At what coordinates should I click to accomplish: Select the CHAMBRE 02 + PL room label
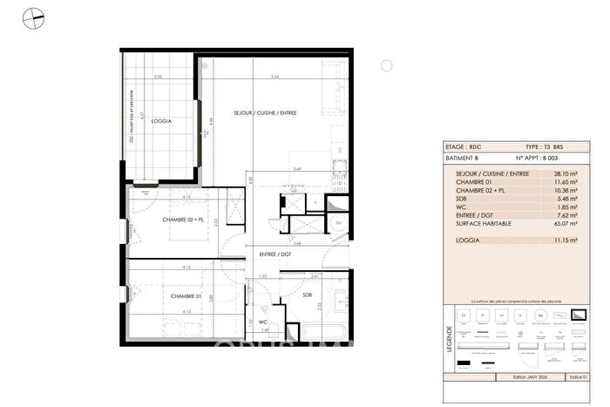pyautogui.click(x=183, y=220)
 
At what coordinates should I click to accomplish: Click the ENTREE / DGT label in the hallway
pyautogui.click(x=274, y=254)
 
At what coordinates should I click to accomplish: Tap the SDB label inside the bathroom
pyautogui.click(x=307, y=295)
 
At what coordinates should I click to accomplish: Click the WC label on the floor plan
pyautogui.click(x=262, y=322)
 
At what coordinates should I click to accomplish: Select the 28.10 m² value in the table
pyautogui.click(x=552, y=173)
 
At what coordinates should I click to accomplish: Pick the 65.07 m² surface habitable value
pyautogui.click(x=551, y=223)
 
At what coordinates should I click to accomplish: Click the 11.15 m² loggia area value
pyautogui.click(x=552, y=240)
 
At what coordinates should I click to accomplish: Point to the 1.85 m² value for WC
pyautogui.click(x=552, y=207)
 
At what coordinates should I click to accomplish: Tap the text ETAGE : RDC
pyautogui.click(x=463, y=148)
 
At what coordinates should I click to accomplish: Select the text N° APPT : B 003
pyautogui.click(x=536, y=159)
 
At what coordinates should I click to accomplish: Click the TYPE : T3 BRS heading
pyautogui.click(x=546, y=148)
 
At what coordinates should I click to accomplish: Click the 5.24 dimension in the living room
pyautogui.click(x=274, y=78)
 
